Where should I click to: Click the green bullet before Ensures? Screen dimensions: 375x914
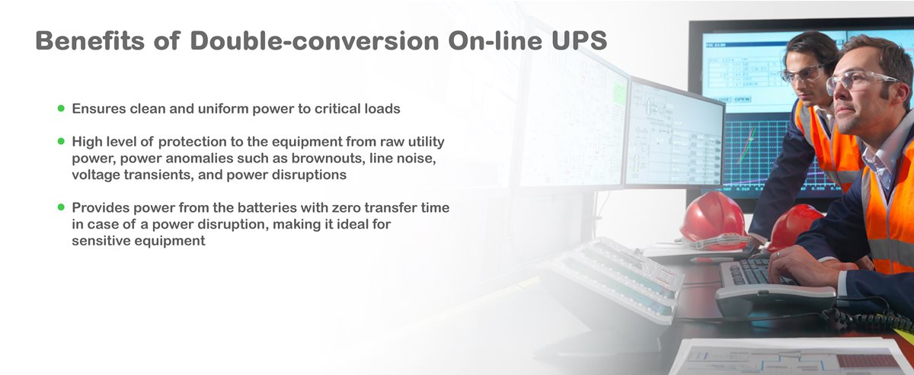(61, 108)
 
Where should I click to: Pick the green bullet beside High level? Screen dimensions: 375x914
(61, 142)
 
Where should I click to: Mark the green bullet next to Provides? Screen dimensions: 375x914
(61, 207)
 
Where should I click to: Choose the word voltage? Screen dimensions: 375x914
(97, 175)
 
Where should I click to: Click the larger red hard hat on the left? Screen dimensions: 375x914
(712, 217)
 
